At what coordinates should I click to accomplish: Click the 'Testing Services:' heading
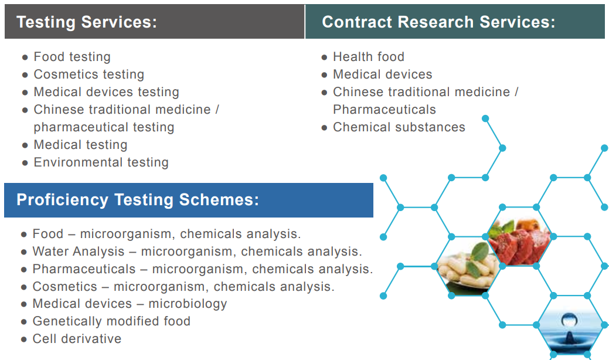[x=87, y=22]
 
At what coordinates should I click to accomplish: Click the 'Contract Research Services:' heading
[x=438, y=22]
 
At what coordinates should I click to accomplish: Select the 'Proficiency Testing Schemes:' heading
[x=138, y=199]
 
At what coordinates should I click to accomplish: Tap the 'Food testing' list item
[x=72, y=57]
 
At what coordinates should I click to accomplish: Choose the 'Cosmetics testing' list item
[x=89, y=74]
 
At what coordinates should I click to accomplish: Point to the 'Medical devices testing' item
[x=107, y=92]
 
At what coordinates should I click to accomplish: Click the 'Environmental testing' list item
[x=101, y=162]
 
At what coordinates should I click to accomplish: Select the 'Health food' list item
[x=369, y=57]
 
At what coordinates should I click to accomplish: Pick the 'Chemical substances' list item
[x=399, y=127]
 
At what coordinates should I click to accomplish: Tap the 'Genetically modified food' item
[x=111, y=321]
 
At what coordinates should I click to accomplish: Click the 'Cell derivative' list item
[x=77, y=339]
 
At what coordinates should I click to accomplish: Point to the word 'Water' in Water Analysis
[x=48, y=252]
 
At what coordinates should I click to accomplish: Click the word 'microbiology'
[x=188, y=304]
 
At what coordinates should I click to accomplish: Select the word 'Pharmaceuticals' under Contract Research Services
[x=385, y=110]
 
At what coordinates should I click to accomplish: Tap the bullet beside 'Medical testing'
[x=25, y=145]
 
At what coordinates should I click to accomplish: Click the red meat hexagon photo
[x=519, y=237]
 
